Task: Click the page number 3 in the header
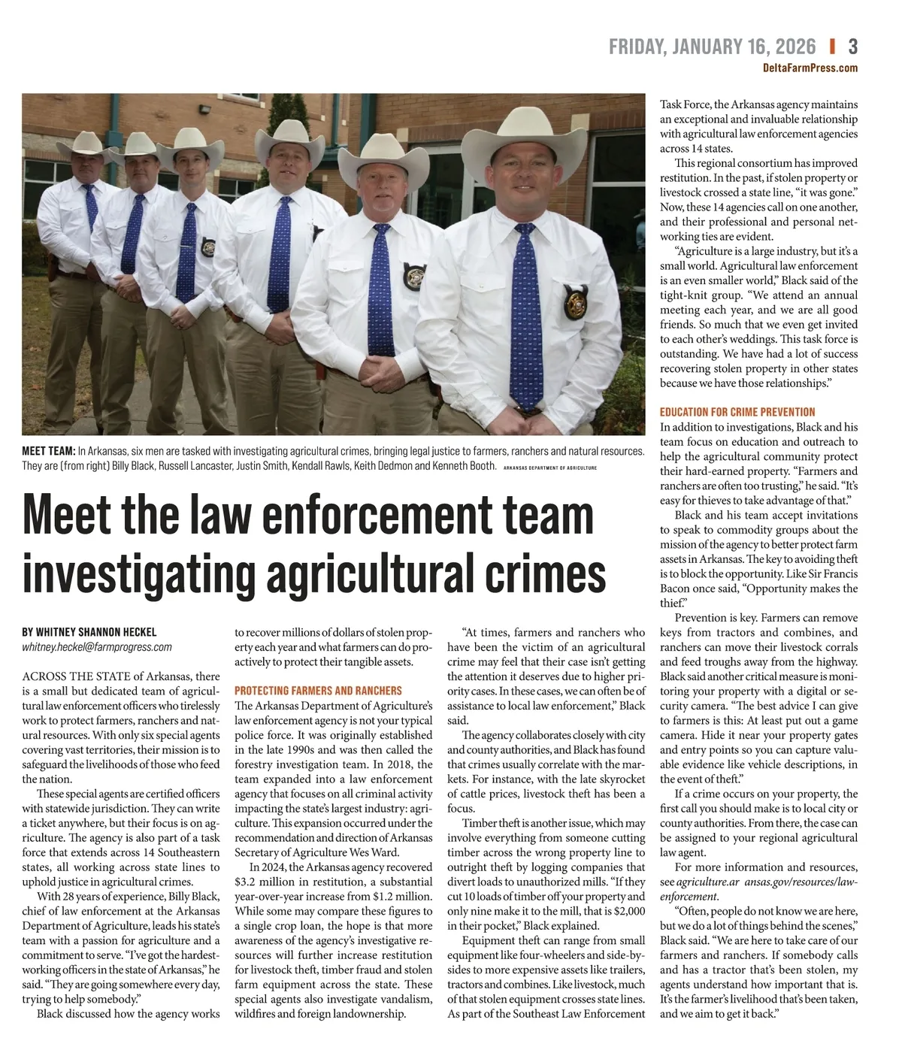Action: click(852, 47)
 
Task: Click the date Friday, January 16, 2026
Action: click(711, 47)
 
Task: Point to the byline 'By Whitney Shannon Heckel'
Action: click(89, 632)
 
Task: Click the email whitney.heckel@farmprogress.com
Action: click(97, 646)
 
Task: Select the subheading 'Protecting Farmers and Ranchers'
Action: click(319, 691)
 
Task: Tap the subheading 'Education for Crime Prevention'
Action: click(737, 412)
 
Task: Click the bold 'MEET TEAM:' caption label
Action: click(49, 451)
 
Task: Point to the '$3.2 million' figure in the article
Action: click(260, 882)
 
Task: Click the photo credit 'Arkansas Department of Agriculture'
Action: click(549, 467)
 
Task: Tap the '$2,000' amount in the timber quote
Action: click(629, 911)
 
